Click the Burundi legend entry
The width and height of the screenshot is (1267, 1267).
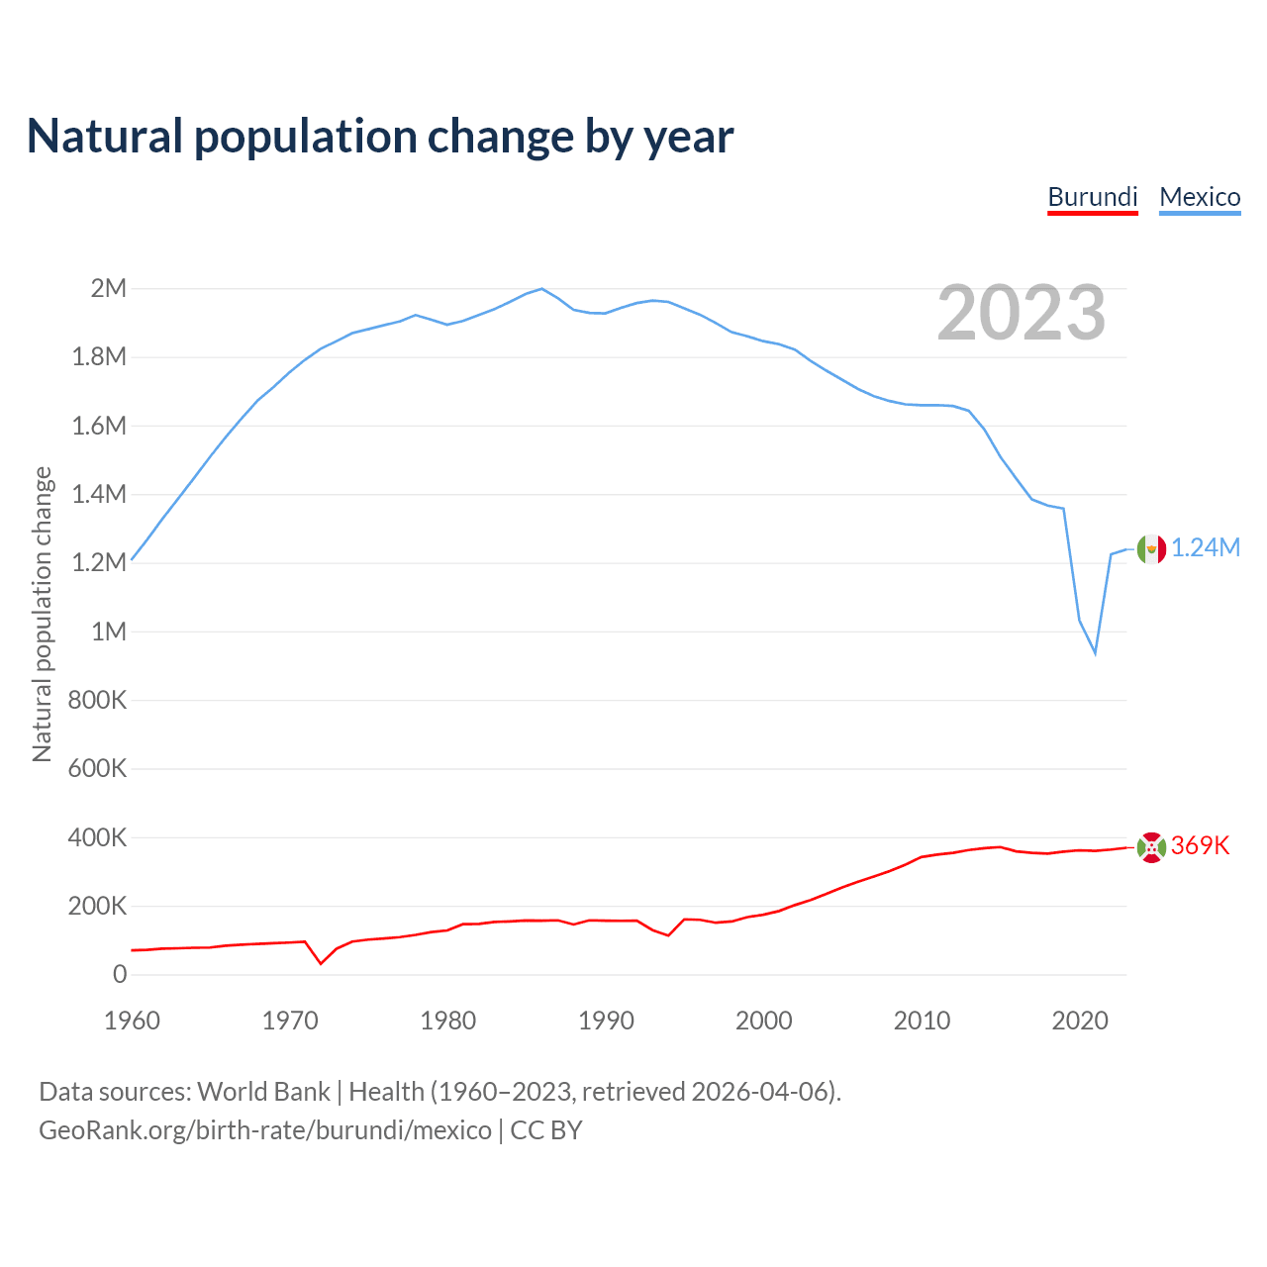coord(1093,197)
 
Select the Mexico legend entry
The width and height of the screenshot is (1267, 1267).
coord(1200,197)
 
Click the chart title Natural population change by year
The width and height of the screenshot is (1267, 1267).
coord(380,137)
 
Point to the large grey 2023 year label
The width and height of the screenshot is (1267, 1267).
coord(1022,313)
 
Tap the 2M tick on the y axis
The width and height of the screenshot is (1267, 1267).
coord(108,288)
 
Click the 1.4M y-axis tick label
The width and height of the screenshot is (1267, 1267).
coord(99,494)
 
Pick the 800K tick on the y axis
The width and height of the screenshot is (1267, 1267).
coord(97,700)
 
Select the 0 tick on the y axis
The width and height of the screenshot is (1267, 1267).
coord(120,974)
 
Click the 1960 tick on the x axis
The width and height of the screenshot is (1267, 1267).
coord(132,1021)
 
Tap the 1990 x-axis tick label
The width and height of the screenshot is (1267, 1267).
coord(606,1021)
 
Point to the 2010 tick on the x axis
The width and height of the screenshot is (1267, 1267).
coord(922,1021)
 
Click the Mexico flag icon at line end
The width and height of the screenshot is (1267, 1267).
coord(1151,548)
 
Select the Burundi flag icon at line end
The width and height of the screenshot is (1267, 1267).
coord(1151,847)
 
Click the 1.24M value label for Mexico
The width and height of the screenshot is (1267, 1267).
coord(1206,548)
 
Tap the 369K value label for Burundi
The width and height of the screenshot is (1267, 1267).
coord(1200,846)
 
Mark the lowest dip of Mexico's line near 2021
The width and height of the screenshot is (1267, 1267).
coord(1095,653)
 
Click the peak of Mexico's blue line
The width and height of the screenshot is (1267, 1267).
coord(541,288)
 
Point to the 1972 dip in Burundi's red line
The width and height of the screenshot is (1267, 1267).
coord(321,963)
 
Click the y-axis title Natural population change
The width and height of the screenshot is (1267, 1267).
coord(42,614)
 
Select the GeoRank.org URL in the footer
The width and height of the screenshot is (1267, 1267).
coord(265,1130)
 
